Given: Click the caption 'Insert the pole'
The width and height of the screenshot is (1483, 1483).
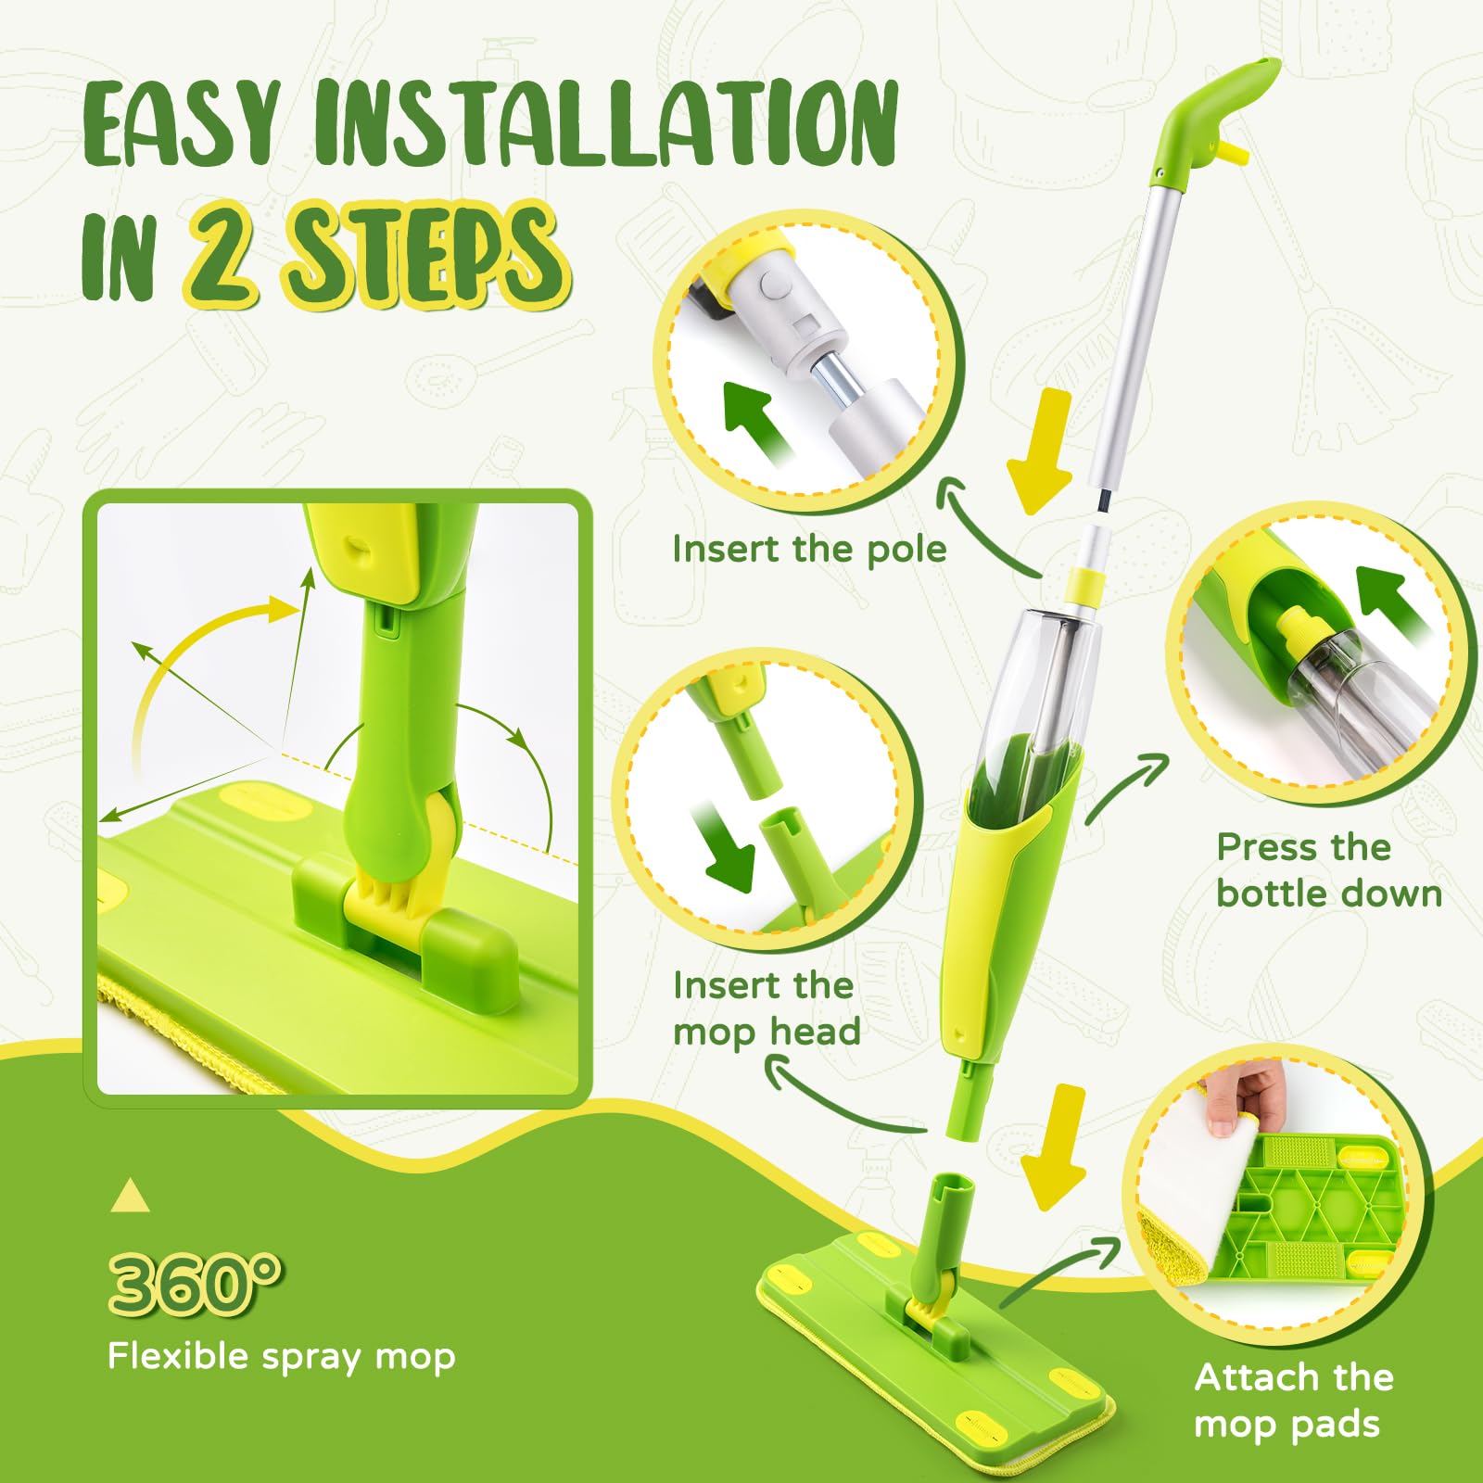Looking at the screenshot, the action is [809, 549].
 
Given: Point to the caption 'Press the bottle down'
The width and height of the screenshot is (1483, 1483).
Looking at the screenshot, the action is [1329, 869].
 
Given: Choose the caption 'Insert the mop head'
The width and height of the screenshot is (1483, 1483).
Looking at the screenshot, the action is [767, 1008].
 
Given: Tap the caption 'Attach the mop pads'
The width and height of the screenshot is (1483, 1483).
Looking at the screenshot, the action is [1294, 1400].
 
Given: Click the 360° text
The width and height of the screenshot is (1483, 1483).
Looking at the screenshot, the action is [195, 1283].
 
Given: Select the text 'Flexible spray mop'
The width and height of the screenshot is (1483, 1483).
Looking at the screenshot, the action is [282, 1356].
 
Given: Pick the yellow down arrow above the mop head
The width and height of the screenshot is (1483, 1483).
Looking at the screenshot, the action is [1055, 1147].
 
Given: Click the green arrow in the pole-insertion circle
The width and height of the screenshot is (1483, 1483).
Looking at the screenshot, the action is [757, 421].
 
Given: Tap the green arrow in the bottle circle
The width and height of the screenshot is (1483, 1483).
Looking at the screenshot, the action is [1392, 601].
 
